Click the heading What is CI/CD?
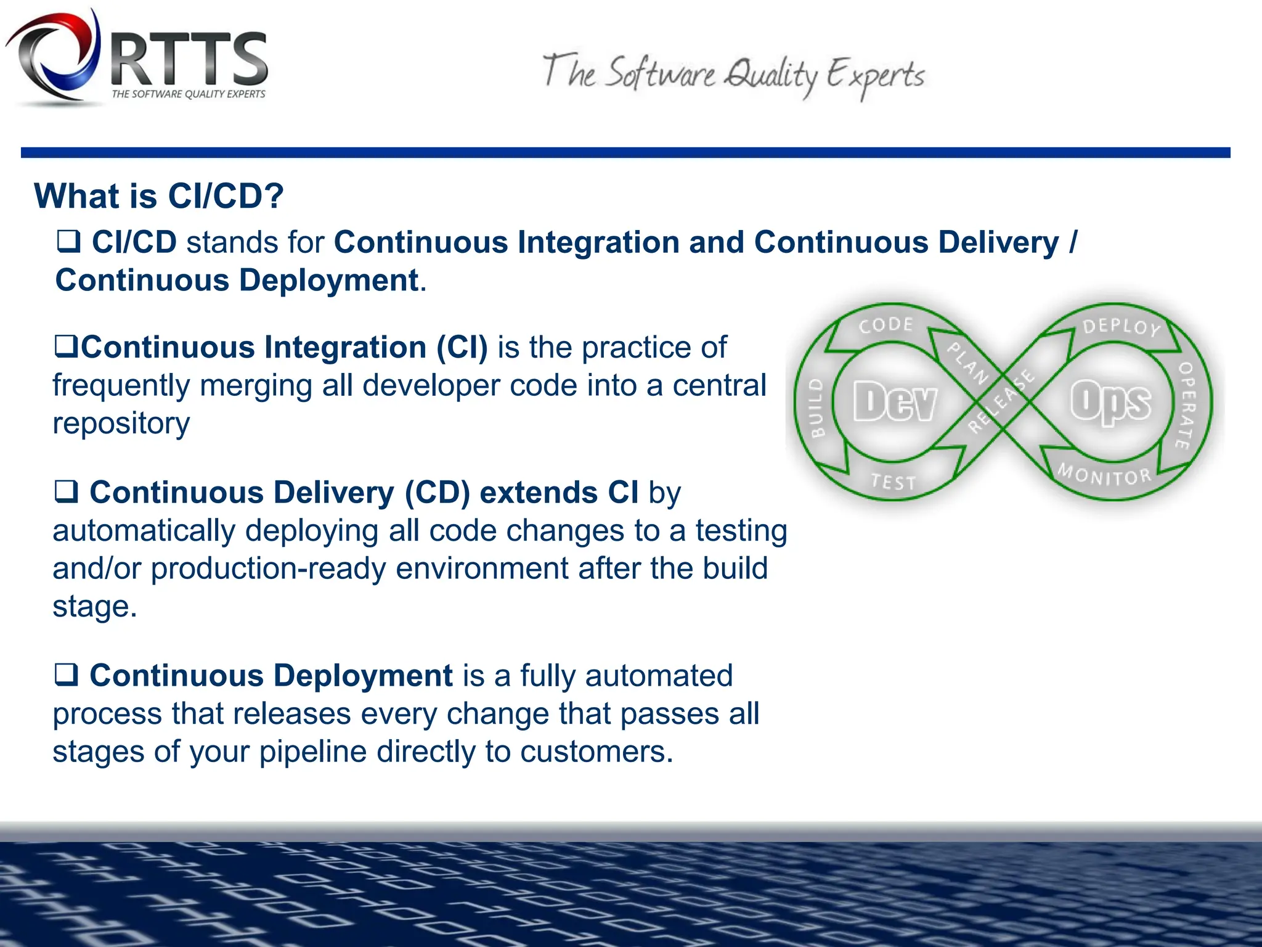159,196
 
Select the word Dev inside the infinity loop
895,402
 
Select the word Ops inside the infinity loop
1110,402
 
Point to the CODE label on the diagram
886,325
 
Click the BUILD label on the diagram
816,408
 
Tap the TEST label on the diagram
894,482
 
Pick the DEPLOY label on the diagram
1122,327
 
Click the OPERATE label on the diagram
1186,405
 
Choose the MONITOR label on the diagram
1104,475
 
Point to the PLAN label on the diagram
967,363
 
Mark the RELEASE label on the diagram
1001,401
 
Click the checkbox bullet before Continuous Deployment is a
67,674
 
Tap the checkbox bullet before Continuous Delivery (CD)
67,492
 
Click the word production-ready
268,568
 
